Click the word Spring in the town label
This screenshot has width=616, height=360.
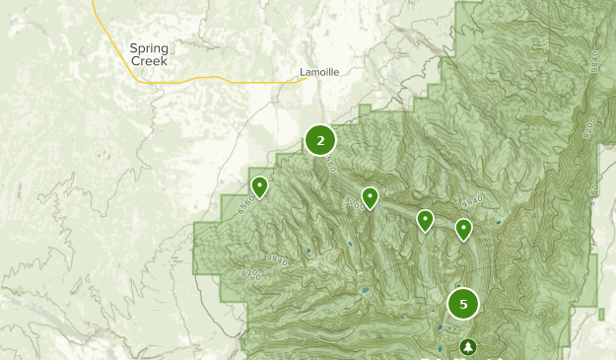coord(150,47)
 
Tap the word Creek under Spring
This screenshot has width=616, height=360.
coord(150,60)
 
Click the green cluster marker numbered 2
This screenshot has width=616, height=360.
coord(320,140)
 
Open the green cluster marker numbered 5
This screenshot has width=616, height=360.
coord(463,304)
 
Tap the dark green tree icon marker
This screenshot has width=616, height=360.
coord(467,346)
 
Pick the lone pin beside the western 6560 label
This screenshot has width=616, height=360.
coord(259,186)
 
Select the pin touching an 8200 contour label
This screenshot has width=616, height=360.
coord(370,197)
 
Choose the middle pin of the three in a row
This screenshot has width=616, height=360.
coord(425,219)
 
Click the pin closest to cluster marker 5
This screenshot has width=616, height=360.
coord(463,229)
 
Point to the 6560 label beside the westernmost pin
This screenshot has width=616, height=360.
coord(246,202)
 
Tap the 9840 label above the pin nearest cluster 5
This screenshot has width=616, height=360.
coord(474,201)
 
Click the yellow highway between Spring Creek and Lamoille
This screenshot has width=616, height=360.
coord(237,82)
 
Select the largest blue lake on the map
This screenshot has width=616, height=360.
coord(366,291)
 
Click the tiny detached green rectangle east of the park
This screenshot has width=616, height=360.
coord(601,314)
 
